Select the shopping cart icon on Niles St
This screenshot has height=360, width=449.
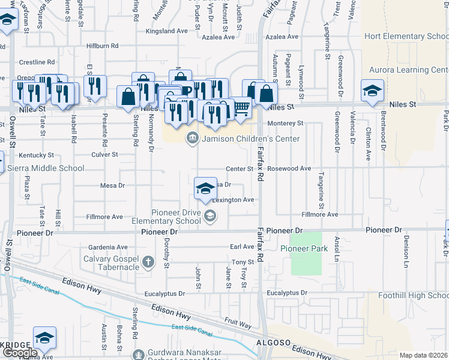241,108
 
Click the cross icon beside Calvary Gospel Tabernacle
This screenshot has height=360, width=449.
149,262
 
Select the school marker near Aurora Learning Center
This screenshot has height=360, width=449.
372,91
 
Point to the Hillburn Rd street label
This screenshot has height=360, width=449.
102,46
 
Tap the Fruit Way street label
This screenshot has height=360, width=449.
238,323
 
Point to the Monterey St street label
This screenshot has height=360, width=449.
286,123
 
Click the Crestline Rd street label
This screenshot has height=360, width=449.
37,62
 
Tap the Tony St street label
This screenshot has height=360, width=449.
243,262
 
